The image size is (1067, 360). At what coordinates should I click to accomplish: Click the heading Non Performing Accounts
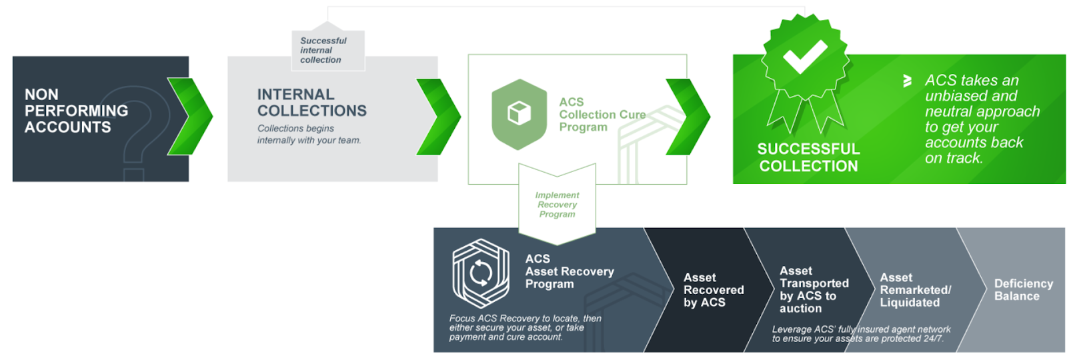pyautogui.click(x=76, y=111)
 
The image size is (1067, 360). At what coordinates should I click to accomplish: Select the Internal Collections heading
pyautogui.click(x=312, y=103)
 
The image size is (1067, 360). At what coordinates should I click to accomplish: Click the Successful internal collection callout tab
pyautogui.click(x=328, y=50)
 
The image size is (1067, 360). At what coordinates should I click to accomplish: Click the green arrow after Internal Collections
pyautogui.click(x=439, y=117)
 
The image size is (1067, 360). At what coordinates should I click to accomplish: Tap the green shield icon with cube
pyautogui.click(x=519, y=114)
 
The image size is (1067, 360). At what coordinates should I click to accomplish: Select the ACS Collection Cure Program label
pyautogui.click(x=603, y=115)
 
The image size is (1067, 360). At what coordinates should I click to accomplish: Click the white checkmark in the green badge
pyautogui.click(x=805, y=56)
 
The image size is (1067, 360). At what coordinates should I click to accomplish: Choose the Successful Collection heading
pyautogui.click(x=809, y=157)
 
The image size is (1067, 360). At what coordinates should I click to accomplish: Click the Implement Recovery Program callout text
pyautogui.click(x=558, y=205)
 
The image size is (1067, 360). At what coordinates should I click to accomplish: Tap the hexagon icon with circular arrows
pyautogui.click(x=481, y=273)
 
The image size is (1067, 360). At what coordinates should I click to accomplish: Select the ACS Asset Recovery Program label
pyautogui.click(x=570, y=271)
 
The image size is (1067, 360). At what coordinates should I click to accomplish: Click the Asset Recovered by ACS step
pyautogui.click(x=714, y=290)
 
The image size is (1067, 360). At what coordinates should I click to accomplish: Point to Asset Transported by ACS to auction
pyautogui.click(x=814, y=289)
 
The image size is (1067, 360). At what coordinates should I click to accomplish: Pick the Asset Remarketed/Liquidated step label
pyautogui.click(x=916, y=290)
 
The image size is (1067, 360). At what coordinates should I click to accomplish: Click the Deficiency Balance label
pyautogui.click(x=1024, y=290)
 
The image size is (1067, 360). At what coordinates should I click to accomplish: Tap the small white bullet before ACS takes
pyautogui.click(x=908, y=81)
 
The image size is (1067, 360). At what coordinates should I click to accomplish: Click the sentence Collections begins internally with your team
pyautogui.click(x=309, y=134)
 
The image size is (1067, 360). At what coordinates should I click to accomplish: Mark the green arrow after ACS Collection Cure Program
pyautogui.click(x=688, y=117)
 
